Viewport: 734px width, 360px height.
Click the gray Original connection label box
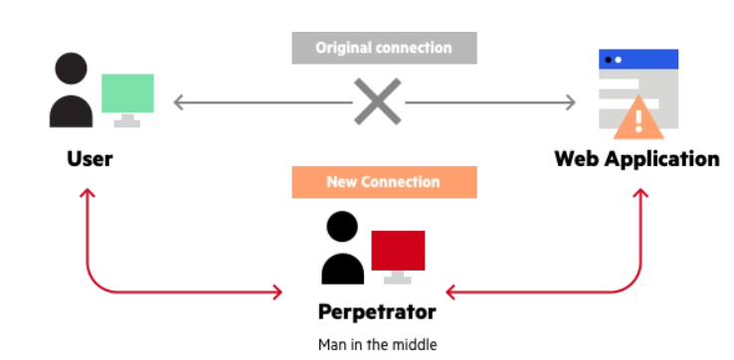(x=384, y=48)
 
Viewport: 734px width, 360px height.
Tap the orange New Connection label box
(x=384, y=182)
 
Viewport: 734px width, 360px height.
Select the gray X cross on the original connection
(x=377, y=101)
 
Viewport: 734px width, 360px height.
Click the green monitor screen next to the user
(x=127, y=93)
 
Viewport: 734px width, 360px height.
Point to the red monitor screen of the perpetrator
(x=398, y=251)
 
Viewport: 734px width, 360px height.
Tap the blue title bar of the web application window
(x=639, y=60)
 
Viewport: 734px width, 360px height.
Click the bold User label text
(x=90, y=159)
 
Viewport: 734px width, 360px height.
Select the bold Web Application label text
(x=638, y=159)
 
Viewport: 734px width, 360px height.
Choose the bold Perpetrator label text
(x=377, y=312)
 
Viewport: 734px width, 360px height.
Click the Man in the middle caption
(x=377, y=345)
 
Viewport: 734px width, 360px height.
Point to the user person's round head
(x=72, y=69)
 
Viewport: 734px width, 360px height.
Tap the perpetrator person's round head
(x=342, y=227)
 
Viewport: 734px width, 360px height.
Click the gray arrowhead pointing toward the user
(x=178, y=102)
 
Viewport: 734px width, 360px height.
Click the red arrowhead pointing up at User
(x=88, y=192)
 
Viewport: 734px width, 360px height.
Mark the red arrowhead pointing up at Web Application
(x=641, y=192)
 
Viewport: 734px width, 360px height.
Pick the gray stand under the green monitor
(x=127, y=120)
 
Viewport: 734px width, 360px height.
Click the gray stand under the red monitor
(x=398, y=277)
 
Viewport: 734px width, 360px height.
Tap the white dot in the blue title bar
(x=618, y=60)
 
